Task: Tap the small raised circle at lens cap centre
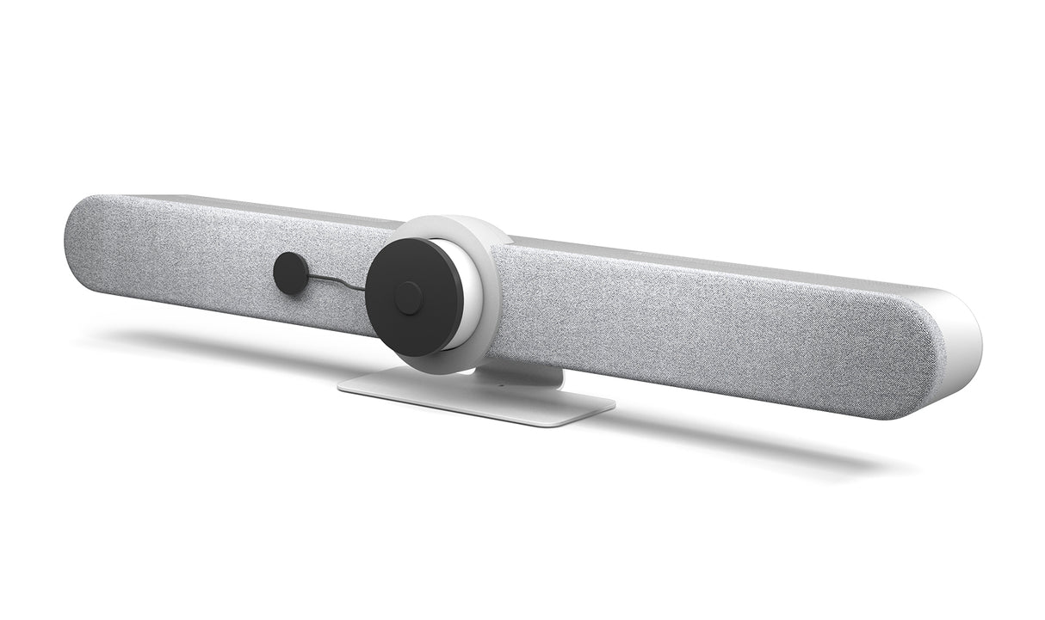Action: pyautogui.click(x=408, y=298)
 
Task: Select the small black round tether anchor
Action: pyautogui.click(x=290, y=273)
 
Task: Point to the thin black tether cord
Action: pyautogui.click(x=336, y=281)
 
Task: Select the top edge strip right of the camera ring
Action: pyautogui.click(x=689, y=258)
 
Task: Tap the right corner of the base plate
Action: pyautogui.click(x=611, y=403)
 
